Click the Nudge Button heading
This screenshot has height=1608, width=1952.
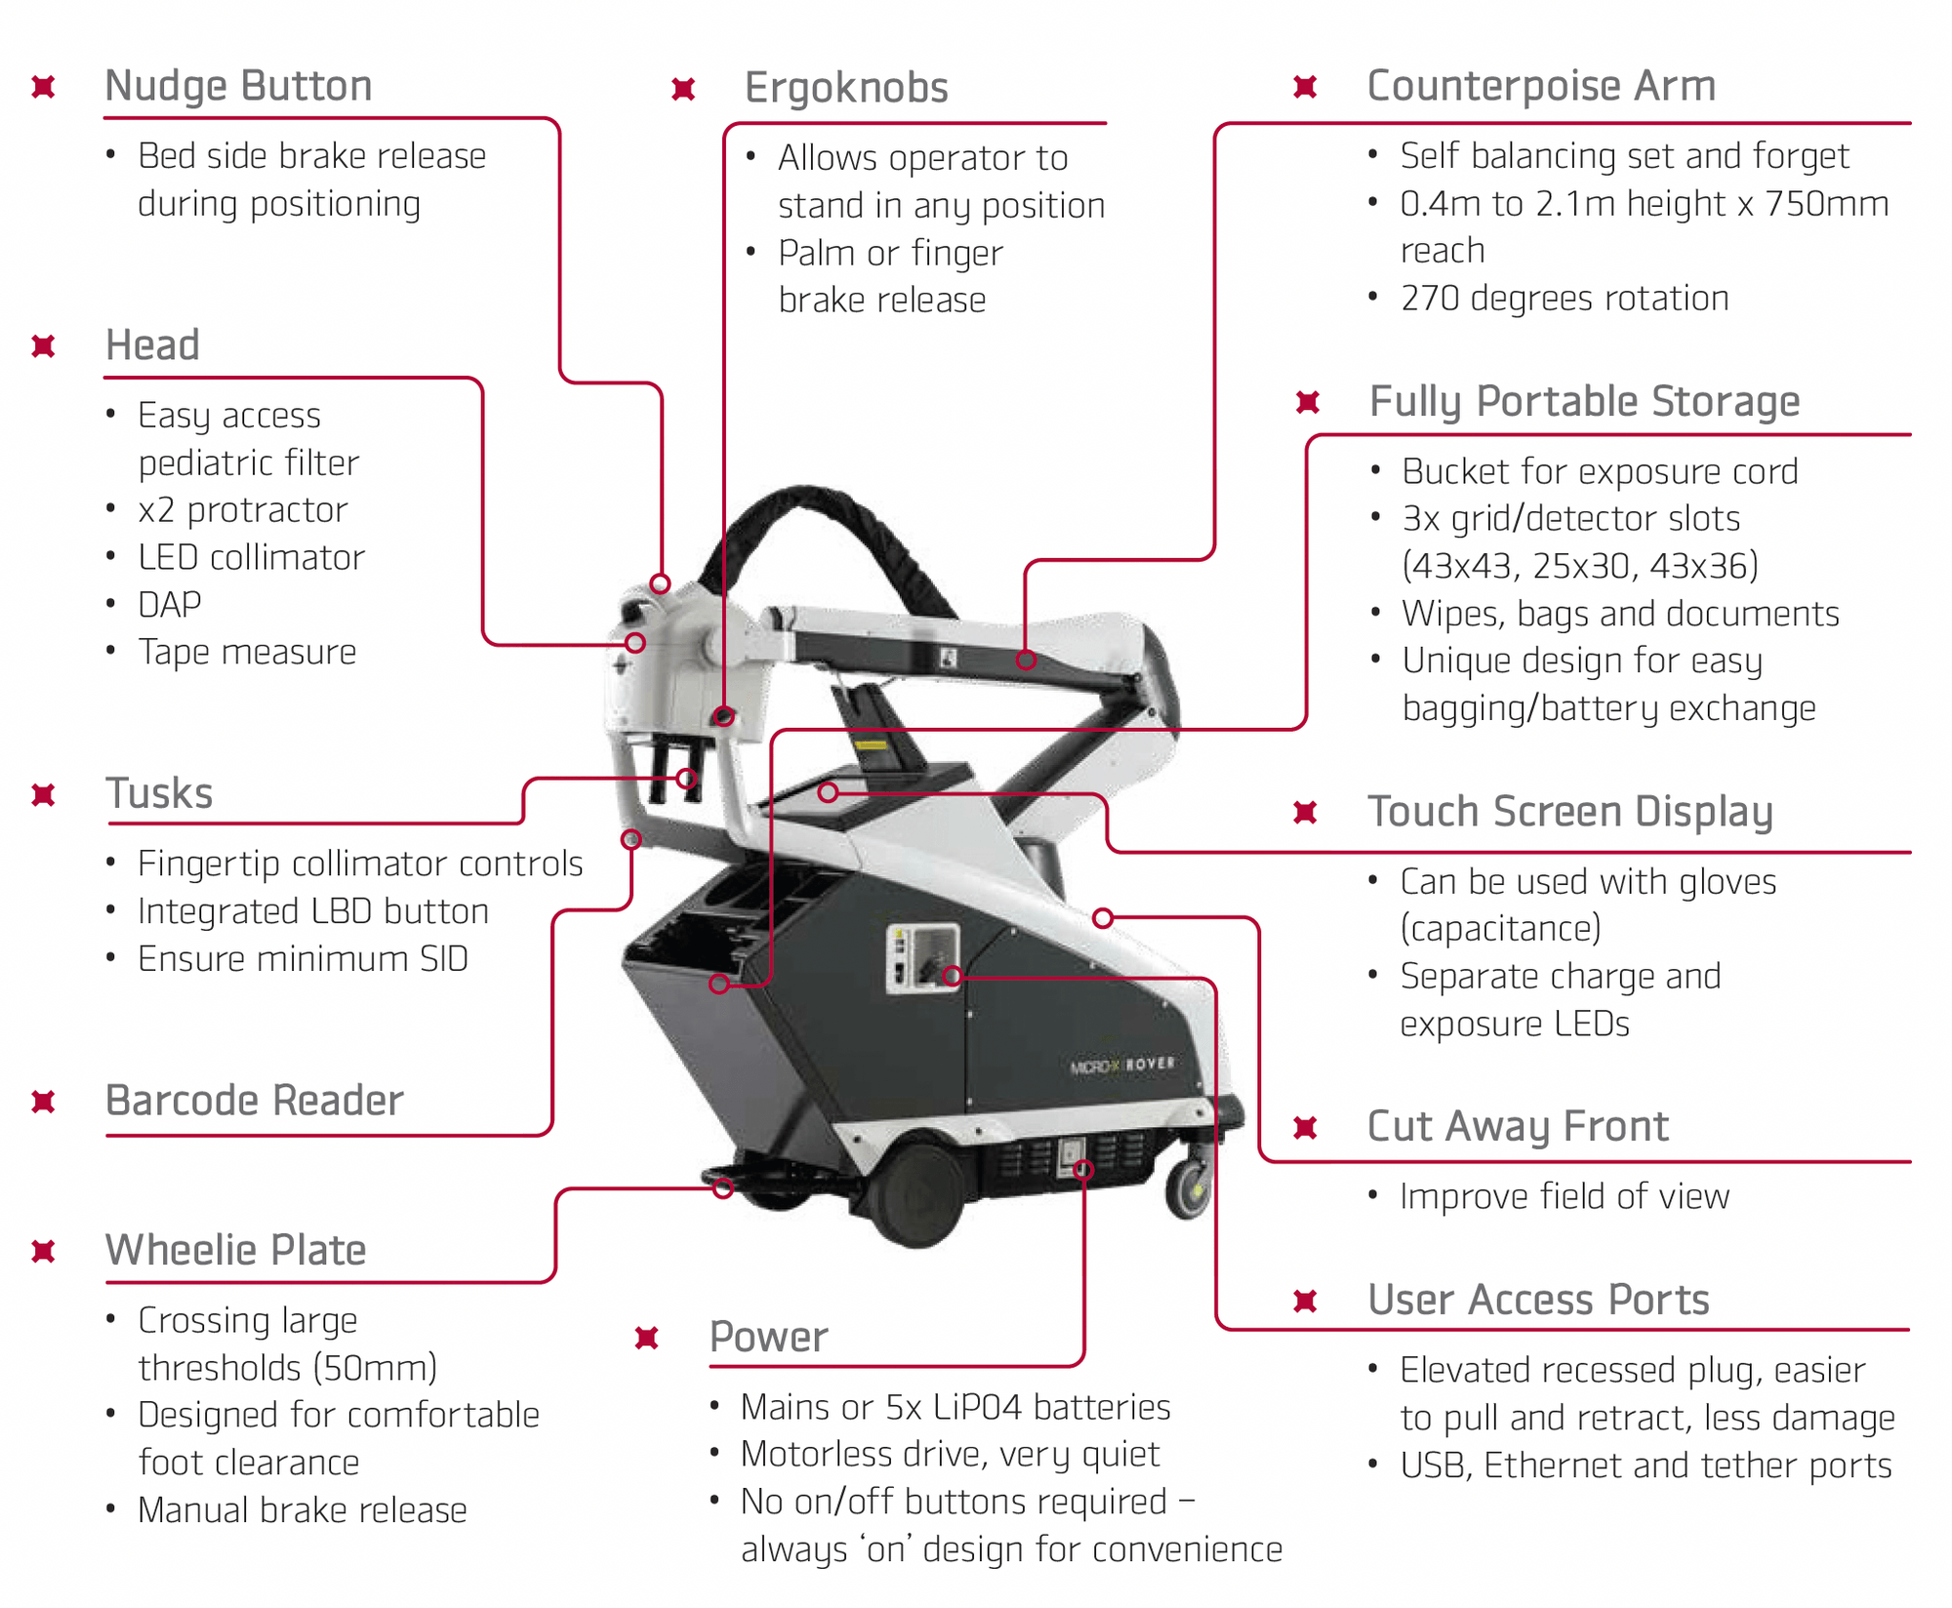point(238,86)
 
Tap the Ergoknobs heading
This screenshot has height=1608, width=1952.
point(846,88)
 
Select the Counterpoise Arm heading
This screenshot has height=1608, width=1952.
point(1541,86)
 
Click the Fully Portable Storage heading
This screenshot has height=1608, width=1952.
point(1584,401)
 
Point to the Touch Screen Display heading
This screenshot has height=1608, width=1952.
point(1569,812)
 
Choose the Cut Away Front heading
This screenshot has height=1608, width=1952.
point(1518,1127)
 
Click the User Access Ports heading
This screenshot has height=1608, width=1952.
point(1538,1300)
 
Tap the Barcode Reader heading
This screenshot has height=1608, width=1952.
point(254,1101)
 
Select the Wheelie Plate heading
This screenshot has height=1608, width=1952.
point(235,1250)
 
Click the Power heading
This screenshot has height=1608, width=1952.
point(768,1337)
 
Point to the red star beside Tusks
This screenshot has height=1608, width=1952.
point(43,795)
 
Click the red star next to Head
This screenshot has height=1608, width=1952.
point(43,346)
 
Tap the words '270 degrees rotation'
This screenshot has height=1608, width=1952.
point(1564,299)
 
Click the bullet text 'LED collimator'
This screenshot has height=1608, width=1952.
point(251,558)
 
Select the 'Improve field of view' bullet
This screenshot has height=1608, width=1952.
point(1564,1196)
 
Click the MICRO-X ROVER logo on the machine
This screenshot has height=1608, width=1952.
point(1122,1065)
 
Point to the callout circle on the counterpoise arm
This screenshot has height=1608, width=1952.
point(1026,660)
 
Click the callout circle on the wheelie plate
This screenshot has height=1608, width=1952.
point(723,1188)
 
